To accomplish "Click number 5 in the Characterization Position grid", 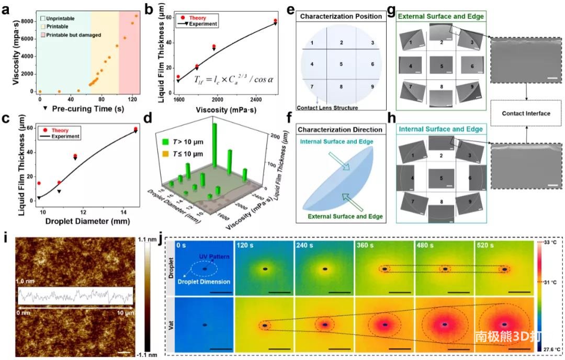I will (341, 64).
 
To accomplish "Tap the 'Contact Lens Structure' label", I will (327, 108).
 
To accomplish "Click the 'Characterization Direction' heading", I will (341, 129).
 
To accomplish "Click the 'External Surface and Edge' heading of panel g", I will (440, 17).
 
